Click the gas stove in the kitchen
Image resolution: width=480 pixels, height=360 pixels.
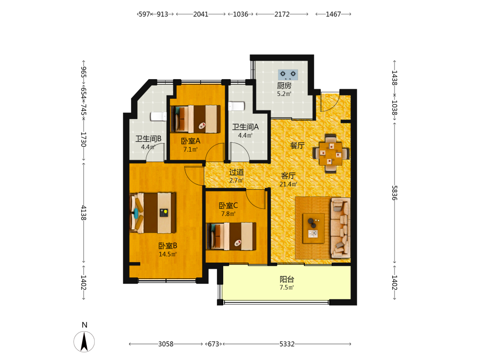click(x=288, y=74)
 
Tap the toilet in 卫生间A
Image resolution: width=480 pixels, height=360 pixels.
click(x=236, y=106)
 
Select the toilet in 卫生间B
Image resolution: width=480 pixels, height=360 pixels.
click(x=158, y=117)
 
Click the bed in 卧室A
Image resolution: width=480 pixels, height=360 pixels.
click(x=195, y=119)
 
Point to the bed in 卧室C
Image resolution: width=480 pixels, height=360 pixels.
click(x=231, y=236)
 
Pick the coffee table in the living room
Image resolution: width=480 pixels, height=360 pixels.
click(x=313, y=228)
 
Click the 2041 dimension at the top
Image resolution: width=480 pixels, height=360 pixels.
click(x=201, y=14)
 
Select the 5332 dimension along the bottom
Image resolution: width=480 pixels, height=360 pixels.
click(x=287, y=344)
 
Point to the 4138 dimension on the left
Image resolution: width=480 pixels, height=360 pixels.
click(x=84, y=213)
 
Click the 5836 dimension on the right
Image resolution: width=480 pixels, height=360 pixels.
click(x=395, y=193)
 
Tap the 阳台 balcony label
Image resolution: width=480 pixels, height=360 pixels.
click(x=287, y=279)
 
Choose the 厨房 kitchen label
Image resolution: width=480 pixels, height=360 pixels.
click(x=284, y=86)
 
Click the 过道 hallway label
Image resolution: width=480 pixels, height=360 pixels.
click(x=236, y=172)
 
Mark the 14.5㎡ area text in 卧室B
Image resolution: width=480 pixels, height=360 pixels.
click(x=168, y=254)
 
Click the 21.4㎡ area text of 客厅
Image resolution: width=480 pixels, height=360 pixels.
click(x=288, y=184)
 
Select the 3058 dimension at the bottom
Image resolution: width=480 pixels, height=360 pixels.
click(x=166, y=344)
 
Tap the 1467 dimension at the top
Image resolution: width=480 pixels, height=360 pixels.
click(x=334, y=14)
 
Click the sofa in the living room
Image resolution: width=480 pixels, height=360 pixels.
click(x=340, y=228)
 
